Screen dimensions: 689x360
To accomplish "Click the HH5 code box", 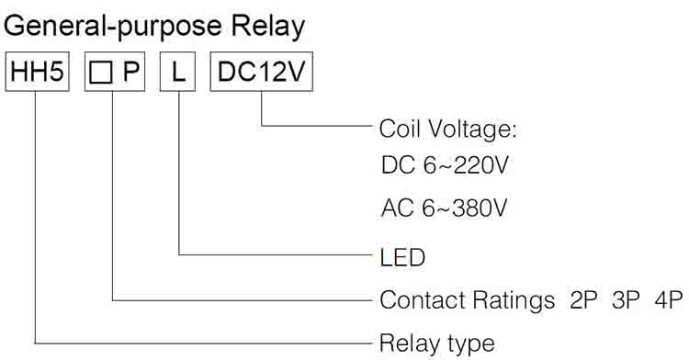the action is (38, 72).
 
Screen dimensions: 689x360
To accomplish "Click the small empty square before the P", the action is (101, 72).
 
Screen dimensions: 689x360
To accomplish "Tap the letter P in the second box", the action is (131, 72).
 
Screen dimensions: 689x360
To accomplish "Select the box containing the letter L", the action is (177, 72).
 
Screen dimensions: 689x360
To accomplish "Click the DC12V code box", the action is (262, 72).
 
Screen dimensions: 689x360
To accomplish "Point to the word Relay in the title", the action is (268, 27).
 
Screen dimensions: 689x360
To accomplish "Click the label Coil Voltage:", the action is (447, 129).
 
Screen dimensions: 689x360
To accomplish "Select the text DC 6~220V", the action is (445, 165).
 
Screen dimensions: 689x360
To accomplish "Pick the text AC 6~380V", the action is (445, 208).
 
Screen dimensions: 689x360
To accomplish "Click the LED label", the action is (402, 257).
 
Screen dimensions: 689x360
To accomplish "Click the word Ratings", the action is (514, 301).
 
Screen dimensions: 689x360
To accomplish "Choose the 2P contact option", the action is (583, 300).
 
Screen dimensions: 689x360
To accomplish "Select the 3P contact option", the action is (626, 300).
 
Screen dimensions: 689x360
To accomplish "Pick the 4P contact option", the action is (669, 300).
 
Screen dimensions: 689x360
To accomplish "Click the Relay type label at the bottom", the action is (436, 343).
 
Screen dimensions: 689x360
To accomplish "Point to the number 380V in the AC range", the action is (480, 208).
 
